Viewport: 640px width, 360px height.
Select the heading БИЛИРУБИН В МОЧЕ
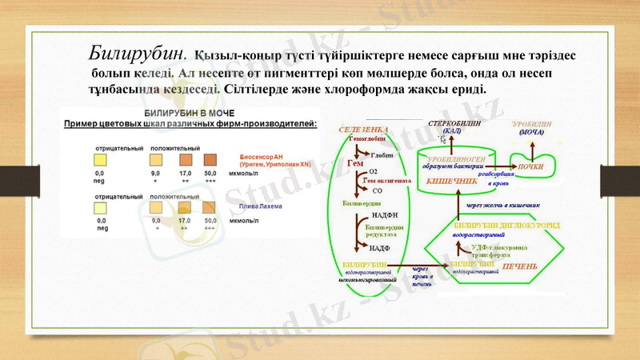[189, 114]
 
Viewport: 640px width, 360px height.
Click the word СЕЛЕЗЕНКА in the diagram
[364, 130]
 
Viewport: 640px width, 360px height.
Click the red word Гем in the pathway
[355, 163]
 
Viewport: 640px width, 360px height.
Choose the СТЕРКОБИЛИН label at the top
[454, 124]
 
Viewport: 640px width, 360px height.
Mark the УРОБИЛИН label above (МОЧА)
[532, 124]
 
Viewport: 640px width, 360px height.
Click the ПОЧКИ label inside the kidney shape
[532, 166]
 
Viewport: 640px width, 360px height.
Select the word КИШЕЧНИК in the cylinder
[453, 182]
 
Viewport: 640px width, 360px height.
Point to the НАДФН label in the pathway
[385, 215]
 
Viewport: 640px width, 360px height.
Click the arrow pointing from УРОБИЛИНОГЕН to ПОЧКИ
[504, 166]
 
